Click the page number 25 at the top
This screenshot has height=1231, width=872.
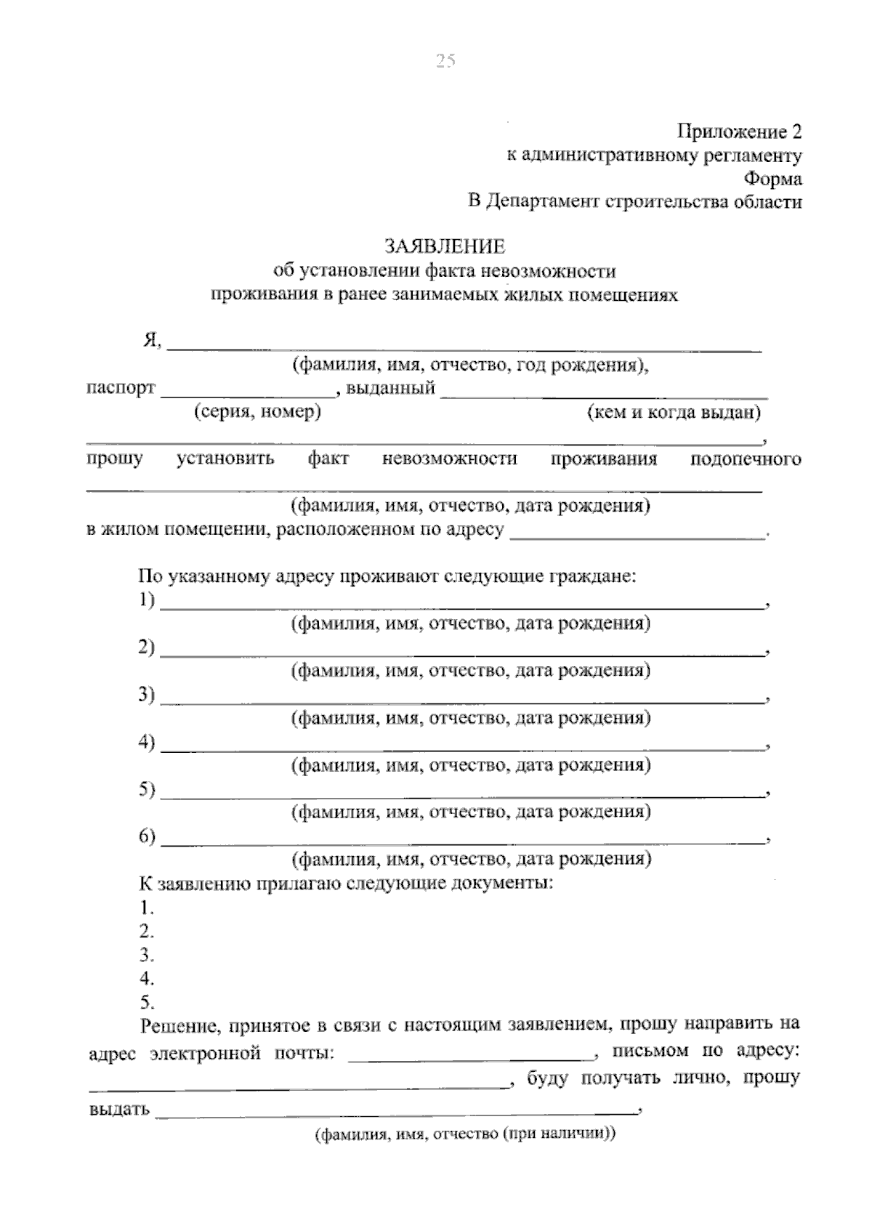click(x=445, y=61)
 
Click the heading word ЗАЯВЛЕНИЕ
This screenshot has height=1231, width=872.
click(x=445, y=247)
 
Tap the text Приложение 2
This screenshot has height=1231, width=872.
click(x=740, y=132)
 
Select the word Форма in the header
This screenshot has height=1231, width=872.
click(x=773, y=179)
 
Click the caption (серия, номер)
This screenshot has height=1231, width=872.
click(x=257, y=412)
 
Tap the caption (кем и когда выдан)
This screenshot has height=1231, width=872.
click(x=674, y=413)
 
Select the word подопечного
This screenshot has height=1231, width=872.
click(x=745, y=459)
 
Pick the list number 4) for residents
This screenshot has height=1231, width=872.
click(x=147, y=742)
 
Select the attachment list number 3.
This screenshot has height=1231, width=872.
click(x=147, y=954)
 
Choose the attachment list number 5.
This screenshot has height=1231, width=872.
click(x=147, y=1002)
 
